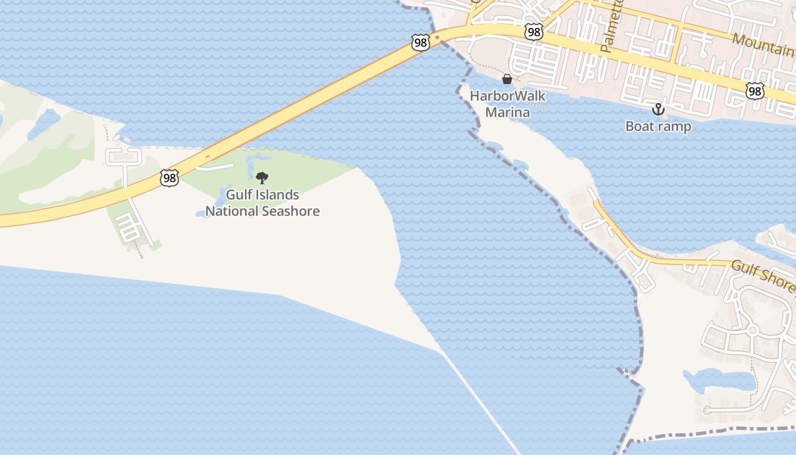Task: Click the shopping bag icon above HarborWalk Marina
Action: tap(507, 79)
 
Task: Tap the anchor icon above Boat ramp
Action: tap(658, 109)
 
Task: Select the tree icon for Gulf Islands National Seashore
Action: tap(262, 179)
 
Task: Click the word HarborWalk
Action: tap(507, 96)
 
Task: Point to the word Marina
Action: tap(507, 112)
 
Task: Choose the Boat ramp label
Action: tap(658, 126)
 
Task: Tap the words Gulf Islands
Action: tap(263, 195)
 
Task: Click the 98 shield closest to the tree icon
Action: tap(169, 177)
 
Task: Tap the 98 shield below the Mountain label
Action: tap(756, 91)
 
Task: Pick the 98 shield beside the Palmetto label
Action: tap(533, 32)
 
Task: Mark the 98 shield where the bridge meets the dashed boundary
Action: tap(420, 43)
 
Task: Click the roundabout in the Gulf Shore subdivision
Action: tap(752, 330)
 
